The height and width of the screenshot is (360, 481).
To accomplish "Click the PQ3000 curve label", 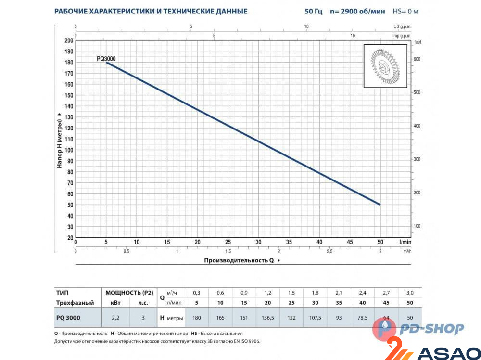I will pyautogui.click(x=106, y=59).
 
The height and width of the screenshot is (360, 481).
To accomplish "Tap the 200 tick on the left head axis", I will pyautogui.click(x=68, y=40).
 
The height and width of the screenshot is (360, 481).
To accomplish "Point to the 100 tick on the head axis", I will pyautogui.click(x=68, y=150).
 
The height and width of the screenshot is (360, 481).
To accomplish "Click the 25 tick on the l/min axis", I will pyautogui.click(x=228, y=242).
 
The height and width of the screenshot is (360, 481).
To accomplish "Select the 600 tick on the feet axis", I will pyautogui.click(x=417, y=59).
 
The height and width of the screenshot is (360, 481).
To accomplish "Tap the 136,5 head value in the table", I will pyautogui.click(x=267, y=318).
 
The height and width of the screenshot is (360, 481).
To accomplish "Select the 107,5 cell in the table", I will pyautogui.click(x=315, y=318).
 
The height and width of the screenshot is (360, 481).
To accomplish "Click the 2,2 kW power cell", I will pyautogui.click(x=116, y=318).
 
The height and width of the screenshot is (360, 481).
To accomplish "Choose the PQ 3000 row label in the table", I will pyautogui.click(x=68, y=318).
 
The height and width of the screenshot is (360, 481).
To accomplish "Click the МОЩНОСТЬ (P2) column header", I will pyautogui.click(x=129, y=293).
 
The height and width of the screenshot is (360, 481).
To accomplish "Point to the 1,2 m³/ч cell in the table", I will pyautogui.click(x=267, y=293).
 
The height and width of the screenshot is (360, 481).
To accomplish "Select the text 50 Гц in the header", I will pyautogui.click(x=314, y=11).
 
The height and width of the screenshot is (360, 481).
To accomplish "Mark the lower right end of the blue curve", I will pyautogui.click(x=380, y=205).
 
